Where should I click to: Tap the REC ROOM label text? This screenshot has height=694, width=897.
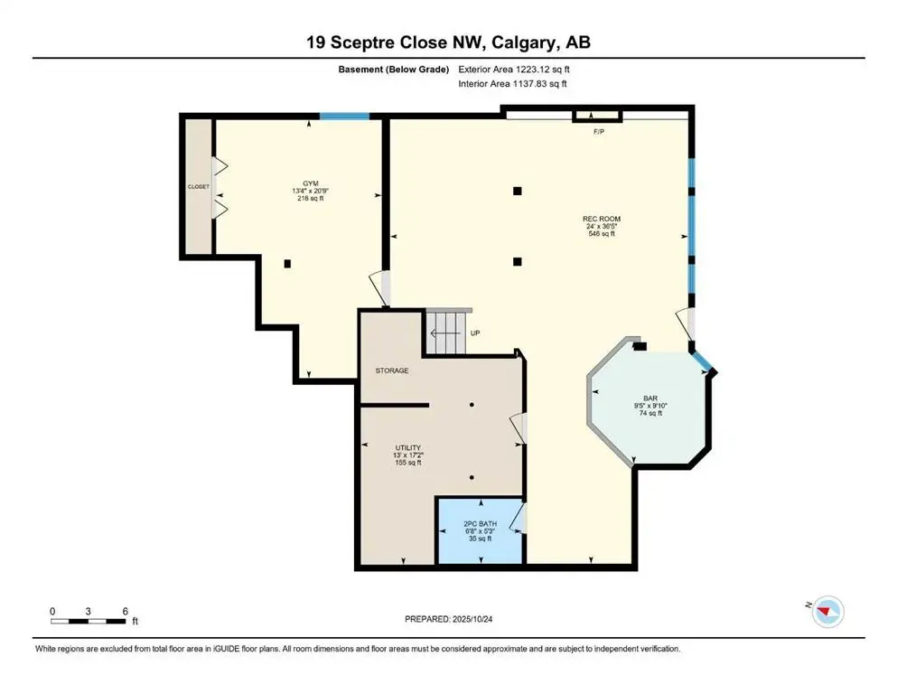point(601,219)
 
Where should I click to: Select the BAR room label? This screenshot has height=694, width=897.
point(649,398)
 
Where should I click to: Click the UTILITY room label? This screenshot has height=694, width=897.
point(408,447)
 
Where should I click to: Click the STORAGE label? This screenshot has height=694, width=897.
point(393,370)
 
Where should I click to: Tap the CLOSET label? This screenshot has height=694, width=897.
point(199,186)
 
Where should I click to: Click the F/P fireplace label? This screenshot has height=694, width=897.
point(598,131)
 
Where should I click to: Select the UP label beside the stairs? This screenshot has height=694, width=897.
point(475,333)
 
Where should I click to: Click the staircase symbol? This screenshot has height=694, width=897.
point(447,332)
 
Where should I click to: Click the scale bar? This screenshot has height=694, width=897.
point(89,621)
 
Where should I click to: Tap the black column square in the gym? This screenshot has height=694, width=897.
point(287,264)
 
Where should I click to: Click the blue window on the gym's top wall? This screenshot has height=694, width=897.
point(345,116)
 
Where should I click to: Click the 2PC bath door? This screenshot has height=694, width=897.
point(518,519)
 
